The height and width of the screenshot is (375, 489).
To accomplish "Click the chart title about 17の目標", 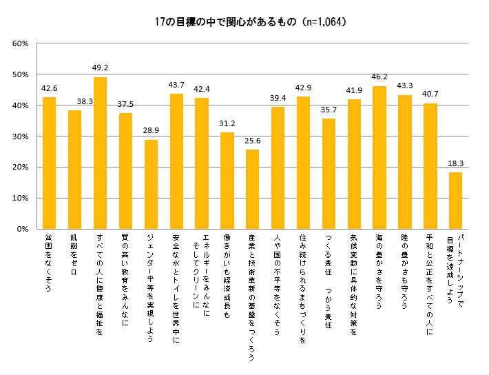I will pyautogui.click(x=244, y=21).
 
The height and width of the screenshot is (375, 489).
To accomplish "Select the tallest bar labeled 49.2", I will pyautogui.click(x=100, y=152).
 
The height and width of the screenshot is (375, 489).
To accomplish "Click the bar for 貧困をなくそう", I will pyautogui.click(x=49, y=163).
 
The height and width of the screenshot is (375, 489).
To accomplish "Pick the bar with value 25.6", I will pyautogui.click(x=252, y=189).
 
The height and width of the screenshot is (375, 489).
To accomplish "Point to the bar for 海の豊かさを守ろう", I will pyautogui.click(x=379, y=157).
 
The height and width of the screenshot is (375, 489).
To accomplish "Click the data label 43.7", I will pyautogui.click(x=176, y=85).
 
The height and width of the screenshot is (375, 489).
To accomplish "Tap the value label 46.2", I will pyautogui.click(x=379, y=78).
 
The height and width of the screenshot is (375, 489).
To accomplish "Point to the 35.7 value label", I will pyautogui.click(x=329, y=110).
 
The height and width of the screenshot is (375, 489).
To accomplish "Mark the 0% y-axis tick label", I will pyautogui.click(x=22, y=229).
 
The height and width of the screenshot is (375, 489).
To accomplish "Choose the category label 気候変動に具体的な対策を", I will pyautogui.click(x=354, y=274).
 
